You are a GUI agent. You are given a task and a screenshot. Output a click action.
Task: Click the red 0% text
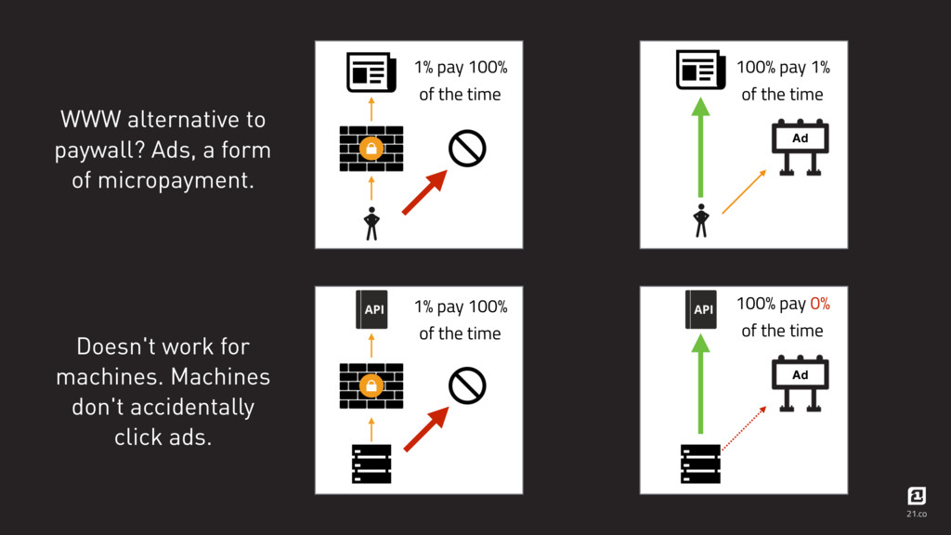point(820,304)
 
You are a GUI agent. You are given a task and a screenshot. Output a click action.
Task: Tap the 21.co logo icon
point(917,496)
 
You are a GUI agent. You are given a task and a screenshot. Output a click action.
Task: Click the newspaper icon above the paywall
point(371,72)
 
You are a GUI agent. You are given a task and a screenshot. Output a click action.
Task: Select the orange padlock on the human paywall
point(371,148)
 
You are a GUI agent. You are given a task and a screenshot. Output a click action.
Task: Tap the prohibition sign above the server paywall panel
point(467,385)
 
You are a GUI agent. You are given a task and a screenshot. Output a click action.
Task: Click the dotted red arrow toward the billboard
point(744,428)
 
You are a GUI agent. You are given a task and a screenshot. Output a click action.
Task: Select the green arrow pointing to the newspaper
point(700,148)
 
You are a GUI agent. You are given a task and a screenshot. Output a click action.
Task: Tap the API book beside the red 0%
point(701,309)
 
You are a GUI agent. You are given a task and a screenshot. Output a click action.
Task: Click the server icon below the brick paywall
point(371,464)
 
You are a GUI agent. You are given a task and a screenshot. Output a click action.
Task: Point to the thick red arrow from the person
point(424,192)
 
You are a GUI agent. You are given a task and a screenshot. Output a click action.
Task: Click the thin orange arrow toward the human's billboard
point(744,191)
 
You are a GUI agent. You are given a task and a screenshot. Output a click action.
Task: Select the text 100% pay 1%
point(783,67)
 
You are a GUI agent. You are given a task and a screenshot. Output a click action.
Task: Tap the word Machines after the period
point(220,377)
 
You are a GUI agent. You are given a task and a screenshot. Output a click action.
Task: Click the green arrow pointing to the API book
point(700,385)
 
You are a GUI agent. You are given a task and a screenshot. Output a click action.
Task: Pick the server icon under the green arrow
point(700,464)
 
